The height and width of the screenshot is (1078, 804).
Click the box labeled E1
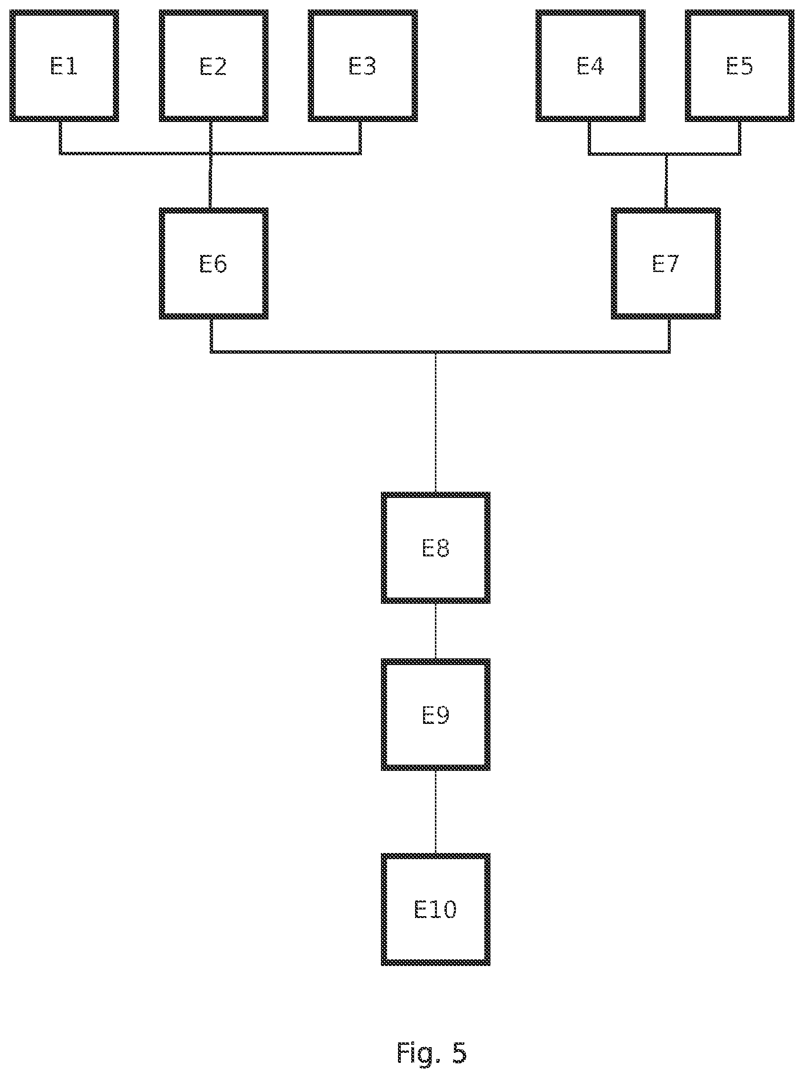click(64, 66)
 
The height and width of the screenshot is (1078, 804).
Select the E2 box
click(213, 66)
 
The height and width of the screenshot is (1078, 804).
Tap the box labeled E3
click(362, 66)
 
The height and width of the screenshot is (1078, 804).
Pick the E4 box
click(591, 66)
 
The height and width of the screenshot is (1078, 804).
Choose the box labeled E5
click(740, 66)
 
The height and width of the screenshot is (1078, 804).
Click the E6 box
click(213, 263)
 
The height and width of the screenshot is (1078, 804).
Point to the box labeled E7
click(666, 263)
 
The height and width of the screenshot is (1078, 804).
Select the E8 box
click(435, 548)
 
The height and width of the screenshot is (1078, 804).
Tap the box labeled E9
click(435, 715)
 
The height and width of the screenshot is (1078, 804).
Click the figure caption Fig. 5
click(432, 1052)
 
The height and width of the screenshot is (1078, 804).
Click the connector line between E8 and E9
click(435, 631)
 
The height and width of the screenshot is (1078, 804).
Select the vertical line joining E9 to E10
click(435, 812)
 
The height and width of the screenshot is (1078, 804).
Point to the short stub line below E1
click(61, 137)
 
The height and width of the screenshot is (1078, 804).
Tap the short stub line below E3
click(360, 137)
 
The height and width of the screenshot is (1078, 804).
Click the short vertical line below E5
click(740, 138)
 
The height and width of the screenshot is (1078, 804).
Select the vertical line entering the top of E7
click(666, 182)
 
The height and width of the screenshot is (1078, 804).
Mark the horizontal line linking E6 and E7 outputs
click(440, 352)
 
